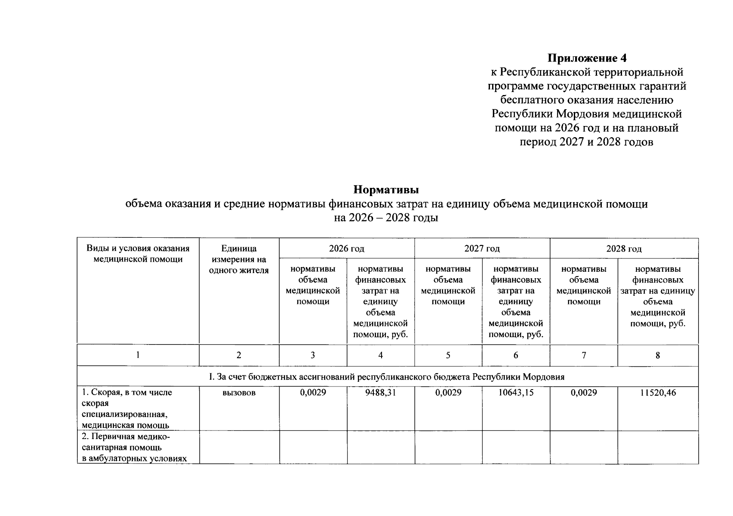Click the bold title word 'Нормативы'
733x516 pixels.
pyautogui.click(x=386, y=190)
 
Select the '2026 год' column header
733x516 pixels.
pyautogui.click(x=346, y=249)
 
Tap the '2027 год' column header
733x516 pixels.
pyautogui.click(x=482, y=249)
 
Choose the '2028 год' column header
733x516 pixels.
pyautogui.click(x=624, y=249)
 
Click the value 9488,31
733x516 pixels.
pyautogui.click(x=380, y=393)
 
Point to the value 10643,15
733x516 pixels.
pyautogui.click(x=516, y=393)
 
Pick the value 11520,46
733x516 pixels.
pyautogui.click(x=658, y=393)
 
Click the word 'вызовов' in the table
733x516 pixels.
pyautogui.click(x=239, y=393)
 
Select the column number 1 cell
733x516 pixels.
pyautogui.click(x=138, y=355)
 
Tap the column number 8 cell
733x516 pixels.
pyautogui.click(x=658, y=355)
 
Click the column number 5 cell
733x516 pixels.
pyautogui.click(x=448, y=355)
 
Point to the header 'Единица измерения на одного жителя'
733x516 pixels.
pyautogui.click(x=239, y=259)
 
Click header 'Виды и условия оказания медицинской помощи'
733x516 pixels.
pyautogui.click(x=138, y=254)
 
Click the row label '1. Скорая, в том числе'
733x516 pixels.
pyautogui.click(x=127, y=393)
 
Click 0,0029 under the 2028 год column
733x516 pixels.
pyautogui.click(x=583, y=393)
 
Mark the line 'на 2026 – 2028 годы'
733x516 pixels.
pyautogui.click(x=386, y=218)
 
